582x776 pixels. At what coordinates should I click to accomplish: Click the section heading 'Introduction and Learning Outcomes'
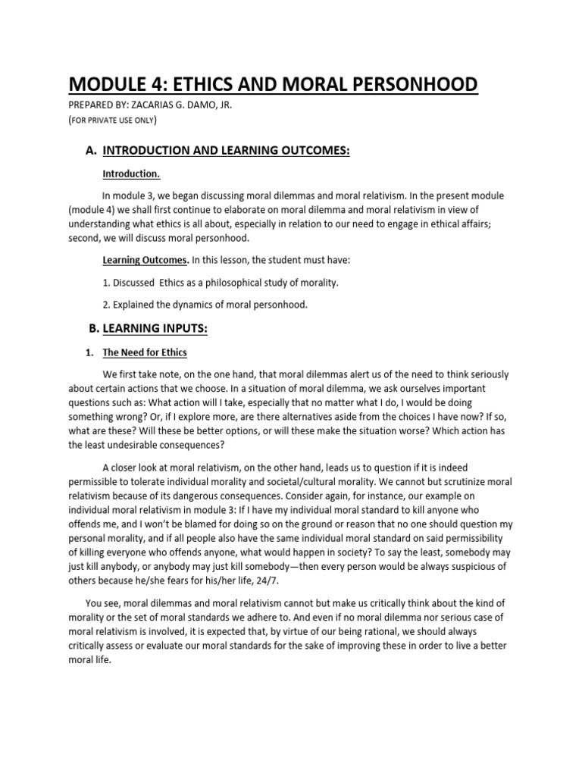click(226, 151)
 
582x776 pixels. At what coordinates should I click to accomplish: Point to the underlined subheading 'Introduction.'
click(131, 174)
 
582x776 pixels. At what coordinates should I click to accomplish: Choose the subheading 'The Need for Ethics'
click(145, 352)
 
